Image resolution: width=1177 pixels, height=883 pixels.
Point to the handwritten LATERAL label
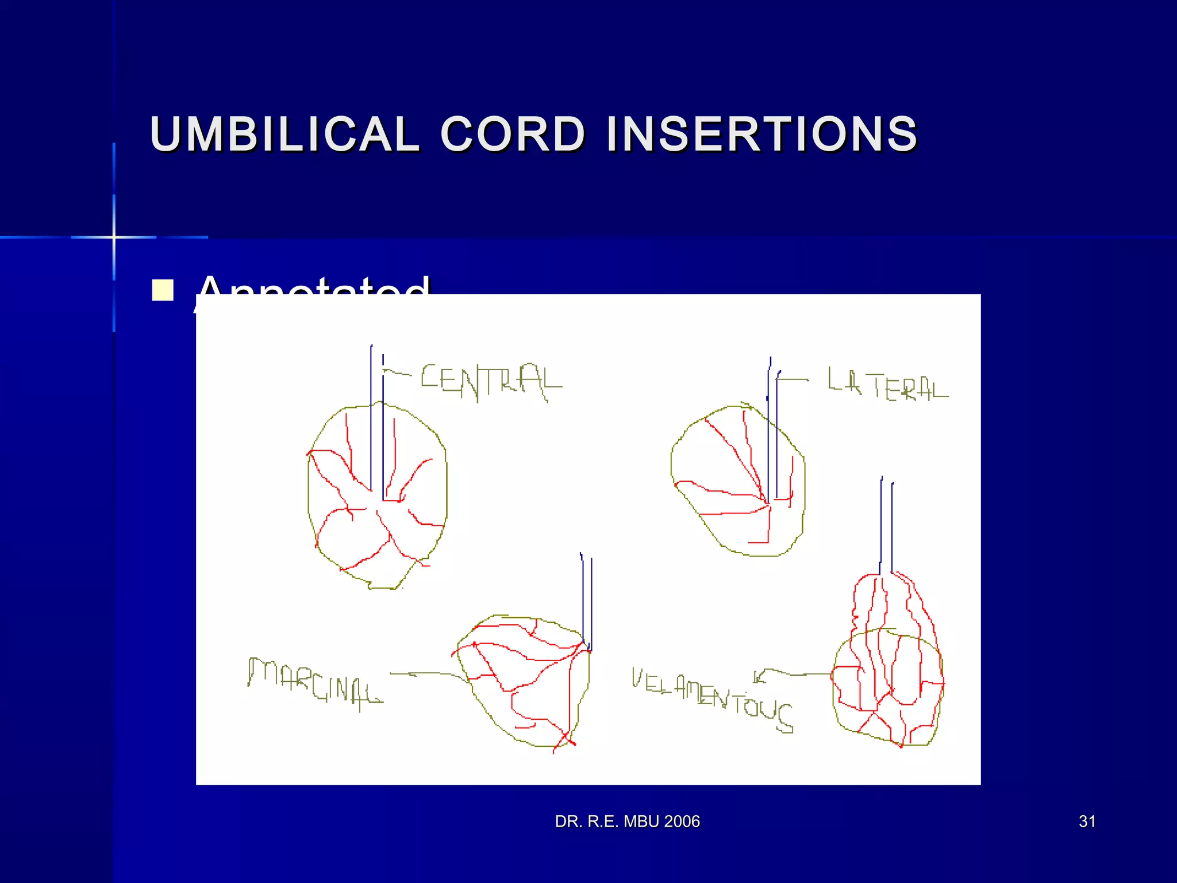point(887,385)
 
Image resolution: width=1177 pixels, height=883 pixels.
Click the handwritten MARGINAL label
point(314,681)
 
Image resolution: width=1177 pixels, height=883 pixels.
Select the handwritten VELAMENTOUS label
point(713,699)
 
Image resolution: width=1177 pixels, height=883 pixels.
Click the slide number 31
point(1087,821)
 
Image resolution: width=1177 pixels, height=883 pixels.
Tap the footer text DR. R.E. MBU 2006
point(627,821)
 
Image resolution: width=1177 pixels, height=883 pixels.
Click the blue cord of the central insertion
point(377,425)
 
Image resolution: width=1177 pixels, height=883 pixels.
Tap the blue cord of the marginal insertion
point(587,601)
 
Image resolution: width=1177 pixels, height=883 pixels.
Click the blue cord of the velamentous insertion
point(886,526)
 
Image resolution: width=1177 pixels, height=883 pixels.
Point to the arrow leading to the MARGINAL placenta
point(428,674)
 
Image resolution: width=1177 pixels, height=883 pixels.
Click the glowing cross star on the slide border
point(114,237)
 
